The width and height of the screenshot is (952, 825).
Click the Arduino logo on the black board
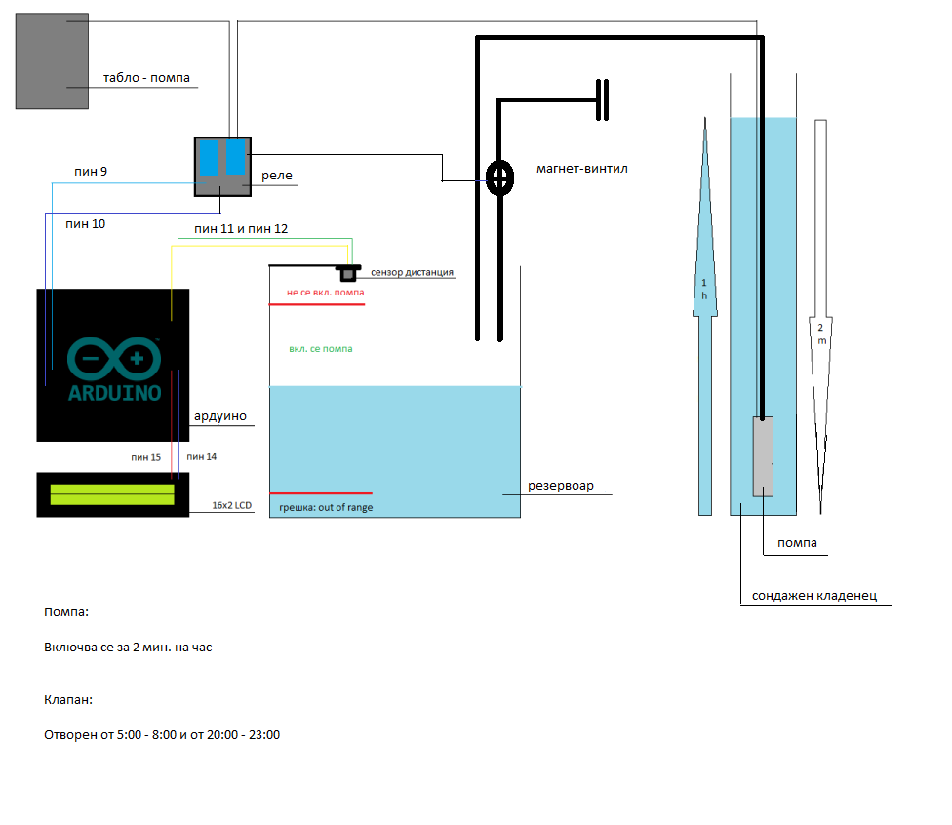[114, 371]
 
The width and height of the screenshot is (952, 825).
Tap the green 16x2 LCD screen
[112, 494]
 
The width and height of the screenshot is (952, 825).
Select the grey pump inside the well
[763, 455]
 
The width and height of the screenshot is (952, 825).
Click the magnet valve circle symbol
[500, 177]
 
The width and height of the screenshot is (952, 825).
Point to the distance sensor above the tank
[347, 272]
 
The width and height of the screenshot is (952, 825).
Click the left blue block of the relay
[210, 157]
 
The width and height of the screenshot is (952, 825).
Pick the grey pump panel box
[53, 60]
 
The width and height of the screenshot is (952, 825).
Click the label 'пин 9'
[91, 172]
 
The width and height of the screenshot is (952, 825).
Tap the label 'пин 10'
[86, 223]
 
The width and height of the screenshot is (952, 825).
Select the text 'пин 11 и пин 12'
[241, 228]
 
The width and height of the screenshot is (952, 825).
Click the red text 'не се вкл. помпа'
[325, 292]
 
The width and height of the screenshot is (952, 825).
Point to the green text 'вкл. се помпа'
[321, 348]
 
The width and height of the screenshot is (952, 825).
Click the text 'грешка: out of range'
[326, 507]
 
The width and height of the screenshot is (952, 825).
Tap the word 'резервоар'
[561, 485]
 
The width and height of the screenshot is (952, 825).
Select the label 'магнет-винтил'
[582, 169]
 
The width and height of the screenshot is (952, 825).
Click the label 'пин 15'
[145, 456]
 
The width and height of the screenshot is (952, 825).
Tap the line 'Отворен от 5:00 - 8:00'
[162, 734]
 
